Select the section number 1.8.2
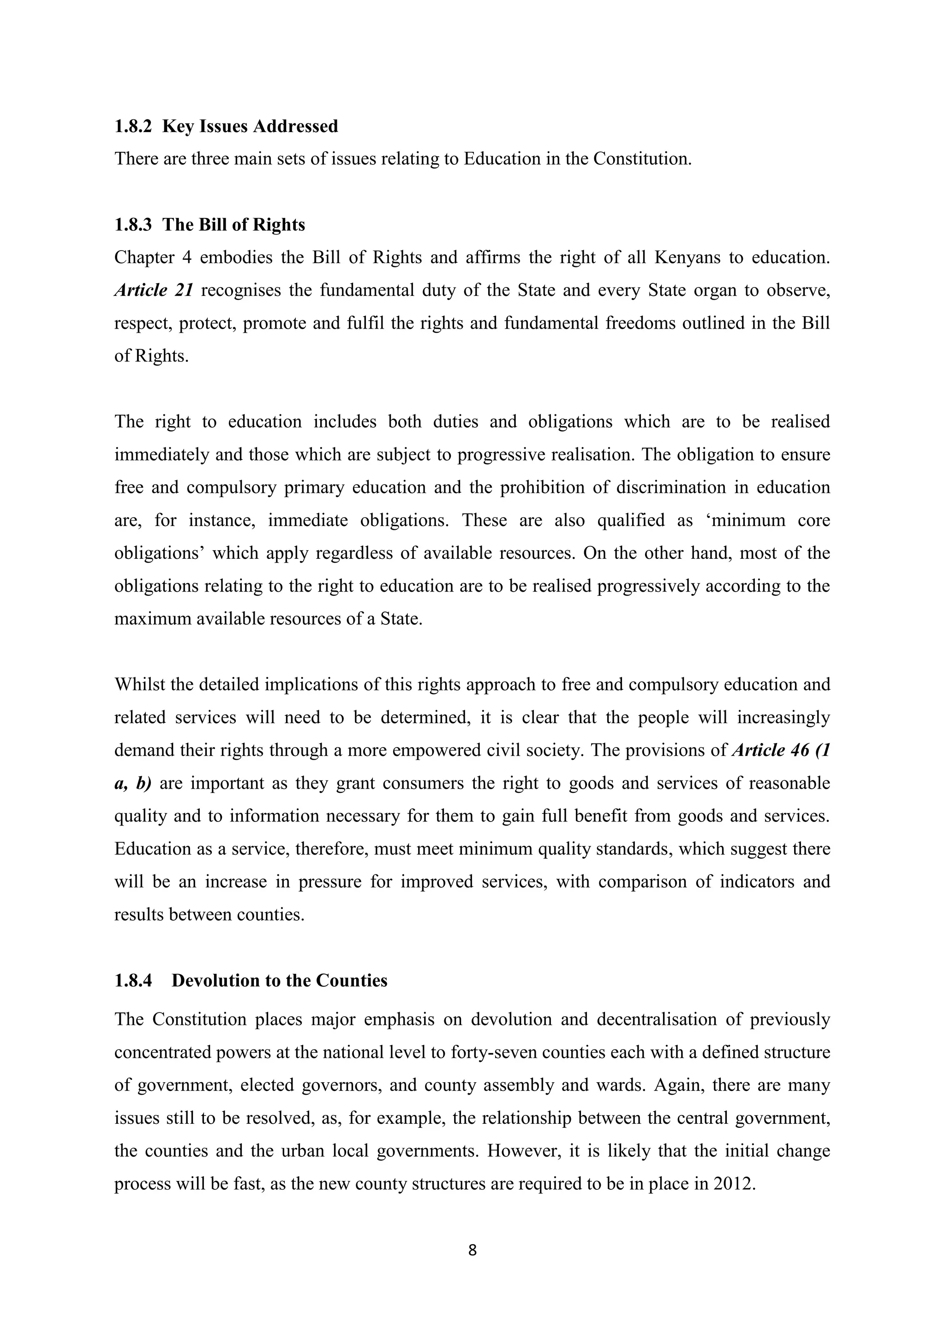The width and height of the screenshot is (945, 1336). (x=133, y=126)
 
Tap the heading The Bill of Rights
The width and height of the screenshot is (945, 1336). (x=233, y=225)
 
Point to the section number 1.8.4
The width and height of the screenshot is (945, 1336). (x=133, y=981)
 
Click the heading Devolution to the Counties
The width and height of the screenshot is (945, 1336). (x=279, y=981)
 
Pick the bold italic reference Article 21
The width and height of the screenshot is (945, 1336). (x=153, y=290)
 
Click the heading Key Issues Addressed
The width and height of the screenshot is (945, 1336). (x=250, y=126)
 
